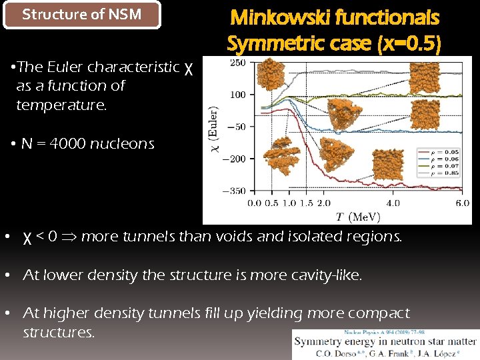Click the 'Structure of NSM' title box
point(82,15)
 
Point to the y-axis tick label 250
point(237,63)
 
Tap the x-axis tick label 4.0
point(393,203)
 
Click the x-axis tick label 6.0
point(463,203)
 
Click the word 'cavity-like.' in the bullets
point(326,275)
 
